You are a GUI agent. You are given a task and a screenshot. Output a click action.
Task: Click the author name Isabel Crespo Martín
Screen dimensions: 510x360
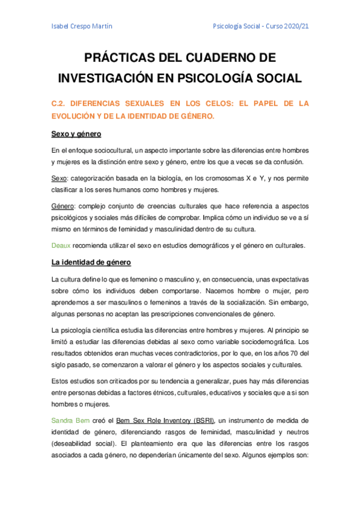tap(82, 26)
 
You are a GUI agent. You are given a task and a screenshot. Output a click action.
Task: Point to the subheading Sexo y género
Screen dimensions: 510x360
tap(76, 134)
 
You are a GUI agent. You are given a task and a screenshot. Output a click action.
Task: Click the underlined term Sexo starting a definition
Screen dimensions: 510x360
tap(59, 179)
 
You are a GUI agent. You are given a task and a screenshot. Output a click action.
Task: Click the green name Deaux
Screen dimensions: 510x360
tap(62, 245)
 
